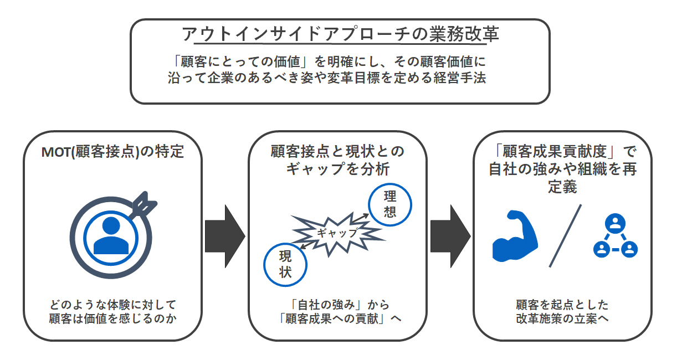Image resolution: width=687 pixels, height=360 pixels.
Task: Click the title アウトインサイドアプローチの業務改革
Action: pos(340,34)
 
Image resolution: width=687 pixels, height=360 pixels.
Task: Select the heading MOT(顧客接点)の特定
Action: pos(113,152)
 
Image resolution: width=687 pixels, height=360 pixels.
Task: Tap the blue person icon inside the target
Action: pos(111,235)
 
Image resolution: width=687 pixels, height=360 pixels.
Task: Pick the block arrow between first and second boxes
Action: pos(225,236)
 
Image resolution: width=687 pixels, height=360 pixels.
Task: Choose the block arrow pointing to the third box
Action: pos(450,236)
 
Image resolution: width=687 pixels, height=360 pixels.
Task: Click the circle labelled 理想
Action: pos(390,204)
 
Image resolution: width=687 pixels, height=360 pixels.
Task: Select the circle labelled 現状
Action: pos(285,265)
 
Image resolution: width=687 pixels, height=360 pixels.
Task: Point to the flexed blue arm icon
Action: pos(515,236)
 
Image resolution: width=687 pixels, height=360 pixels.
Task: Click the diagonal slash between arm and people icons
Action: pos(565,236)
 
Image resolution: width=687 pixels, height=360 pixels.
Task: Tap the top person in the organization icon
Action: pos(615,224)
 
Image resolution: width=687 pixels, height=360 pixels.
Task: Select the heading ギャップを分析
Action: pos(338,169)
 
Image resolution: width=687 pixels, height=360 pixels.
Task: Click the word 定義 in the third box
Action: pos(562,187)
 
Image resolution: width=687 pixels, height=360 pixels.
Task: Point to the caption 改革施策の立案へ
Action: pos(562,319)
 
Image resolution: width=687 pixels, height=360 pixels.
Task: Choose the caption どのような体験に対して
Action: pos(113,305)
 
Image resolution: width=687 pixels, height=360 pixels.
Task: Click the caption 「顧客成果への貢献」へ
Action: pos(339,319)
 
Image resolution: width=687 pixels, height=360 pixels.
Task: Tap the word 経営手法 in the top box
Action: pos(460,78)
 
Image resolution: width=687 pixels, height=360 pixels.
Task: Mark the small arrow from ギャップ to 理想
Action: pos(360,218)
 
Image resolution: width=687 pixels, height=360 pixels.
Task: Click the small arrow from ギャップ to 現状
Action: pos(307,245)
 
